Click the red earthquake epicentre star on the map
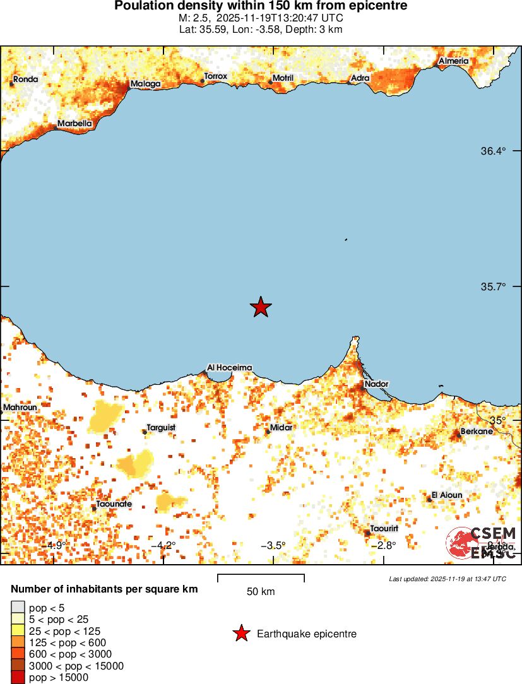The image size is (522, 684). click(261, 307)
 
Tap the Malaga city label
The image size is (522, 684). click(145, 84)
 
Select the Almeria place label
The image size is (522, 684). click(453, 61)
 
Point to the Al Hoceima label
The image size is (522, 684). click(230, 368)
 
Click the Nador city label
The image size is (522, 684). click(376, 384)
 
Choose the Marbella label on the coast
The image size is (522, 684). click(74, 124)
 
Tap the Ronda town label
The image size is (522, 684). click(26, 80)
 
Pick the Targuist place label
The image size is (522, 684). click(161, 428)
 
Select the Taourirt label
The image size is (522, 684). click(384, 528)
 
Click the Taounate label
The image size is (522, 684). click(114, 504)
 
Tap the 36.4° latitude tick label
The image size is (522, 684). click(494, 151)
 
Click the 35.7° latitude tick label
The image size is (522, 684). click(494, 286)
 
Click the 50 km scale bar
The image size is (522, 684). click(261, 578)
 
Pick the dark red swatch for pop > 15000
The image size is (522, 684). click(18, 677)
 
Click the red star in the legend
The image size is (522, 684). click(240, 634)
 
